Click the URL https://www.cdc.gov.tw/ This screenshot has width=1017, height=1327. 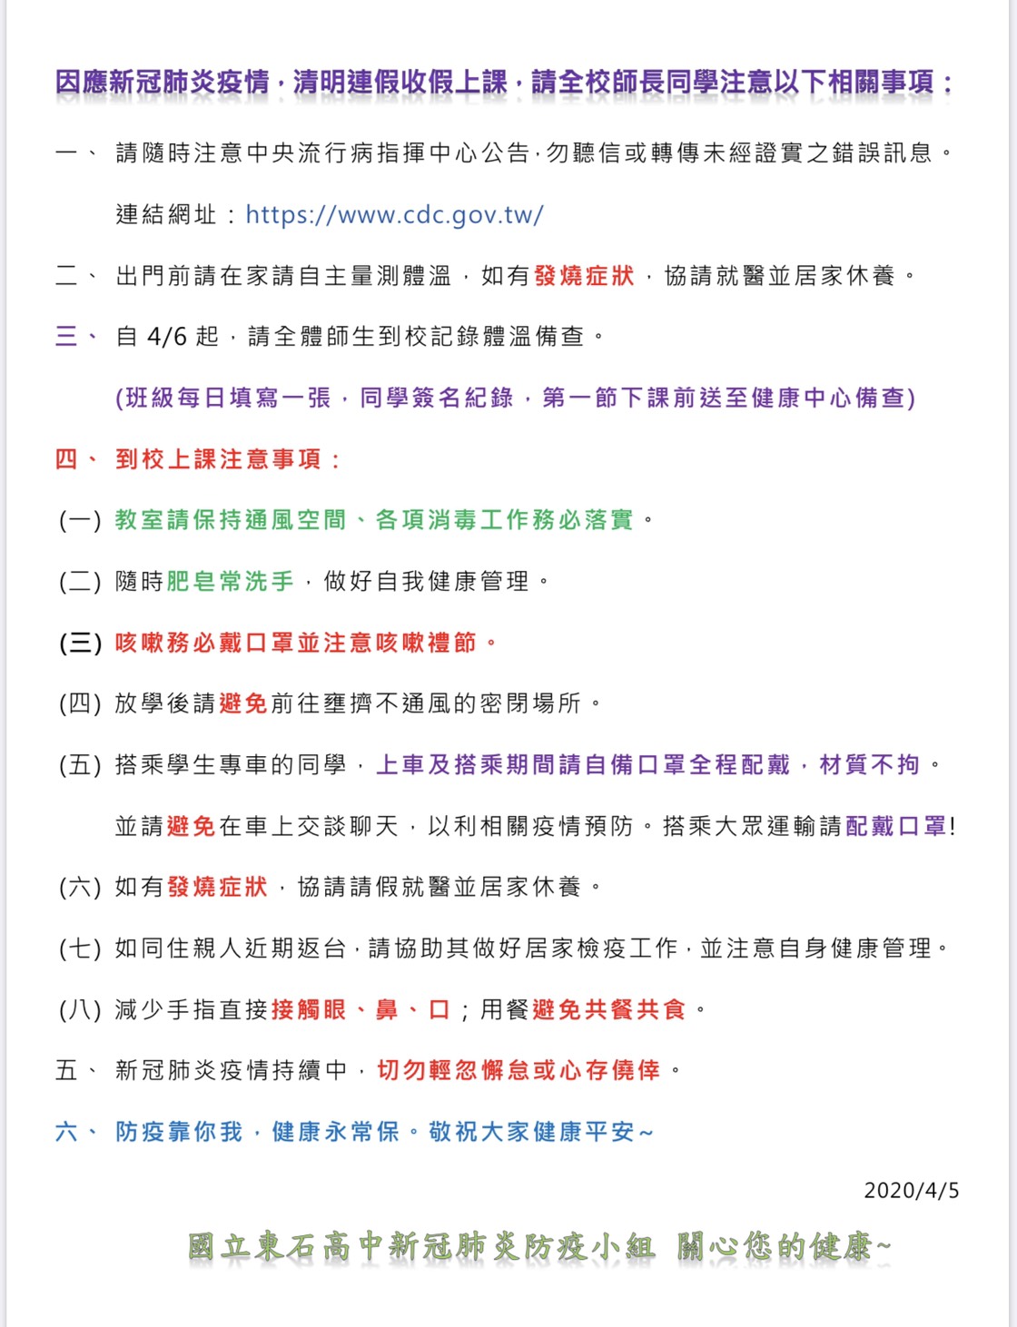[394, 215]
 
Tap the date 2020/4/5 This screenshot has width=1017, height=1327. [911, 1191]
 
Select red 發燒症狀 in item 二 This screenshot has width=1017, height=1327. [584, 276]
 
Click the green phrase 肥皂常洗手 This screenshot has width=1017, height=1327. [231, 581]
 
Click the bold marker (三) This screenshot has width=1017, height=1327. [81, 644]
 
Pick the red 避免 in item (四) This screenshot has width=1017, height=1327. [243, 703]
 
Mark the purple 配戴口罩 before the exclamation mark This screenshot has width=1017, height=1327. [896, 826]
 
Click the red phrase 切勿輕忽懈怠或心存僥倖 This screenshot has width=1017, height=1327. [518, 1071]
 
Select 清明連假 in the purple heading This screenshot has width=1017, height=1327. [346, 83]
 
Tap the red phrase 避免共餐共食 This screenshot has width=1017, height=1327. [609, 1009]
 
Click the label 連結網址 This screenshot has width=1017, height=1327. [166, 215]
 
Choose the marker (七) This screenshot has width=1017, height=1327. [81, 949]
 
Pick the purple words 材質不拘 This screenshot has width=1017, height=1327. [870, 765]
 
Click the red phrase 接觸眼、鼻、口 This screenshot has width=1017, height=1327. [360, 1009]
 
